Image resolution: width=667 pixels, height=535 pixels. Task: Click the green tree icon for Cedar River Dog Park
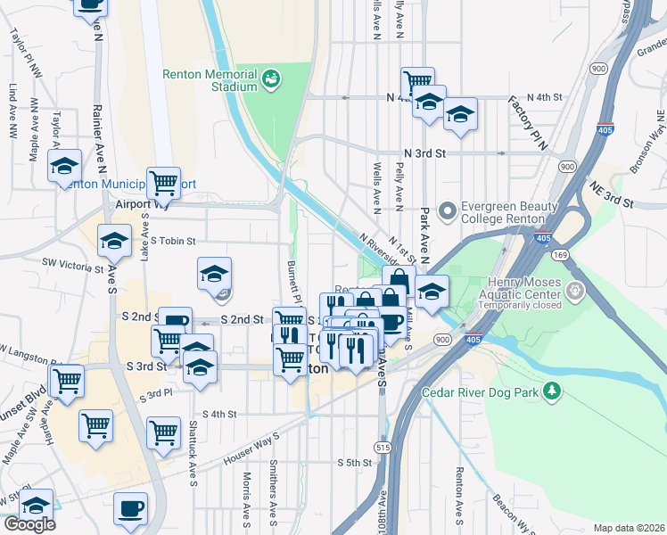coord(553,391)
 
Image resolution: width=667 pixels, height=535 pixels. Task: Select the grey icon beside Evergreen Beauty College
coord(448,210)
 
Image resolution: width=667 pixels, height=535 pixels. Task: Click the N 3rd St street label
coord(424,153)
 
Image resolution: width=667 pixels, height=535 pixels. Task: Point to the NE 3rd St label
coord(611,193)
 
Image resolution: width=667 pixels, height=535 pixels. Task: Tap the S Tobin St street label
coord(172,241)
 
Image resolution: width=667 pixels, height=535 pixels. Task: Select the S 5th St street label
coord(353,463)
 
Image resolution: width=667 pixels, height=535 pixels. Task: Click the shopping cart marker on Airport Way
coord(164,184)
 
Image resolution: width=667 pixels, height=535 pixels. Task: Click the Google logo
coord(29,524)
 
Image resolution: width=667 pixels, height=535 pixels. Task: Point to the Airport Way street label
coord(142,203)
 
